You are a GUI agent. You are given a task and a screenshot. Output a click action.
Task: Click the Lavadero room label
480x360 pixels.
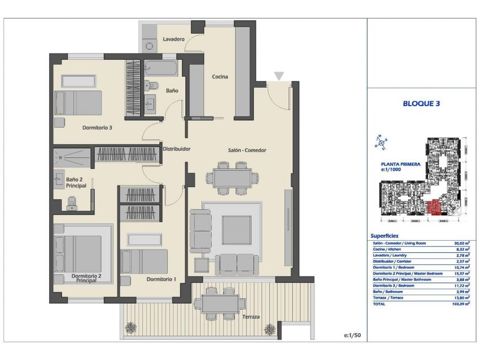tap(173, 39)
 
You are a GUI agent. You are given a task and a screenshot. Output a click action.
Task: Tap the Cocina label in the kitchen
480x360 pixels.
tap(220, 77)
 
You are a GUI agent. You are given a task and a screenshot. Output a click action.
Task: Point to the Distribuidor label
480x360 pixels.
tap(176, 149)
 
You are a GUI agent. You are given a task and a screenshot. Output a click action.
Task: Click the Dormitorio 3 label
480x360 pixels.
tap(97, 128)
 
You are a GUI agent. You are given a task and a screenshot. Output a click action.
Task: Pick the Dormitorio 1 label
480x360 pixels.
tap(161, 279)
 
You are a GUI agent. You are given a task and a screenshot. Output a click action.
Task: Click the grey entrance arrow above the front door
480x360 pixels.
tap(279, 76)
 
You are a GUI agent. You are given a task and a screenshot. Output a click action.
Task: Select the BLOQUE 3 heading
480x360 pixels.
tap(422, 103)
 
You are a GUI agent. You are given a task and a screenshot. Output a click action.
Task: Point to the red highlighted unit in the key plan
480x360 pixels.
tap(434, 208)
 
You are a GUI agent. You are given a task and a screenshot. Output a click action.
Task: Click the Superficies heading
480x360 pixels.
tap(388, 236)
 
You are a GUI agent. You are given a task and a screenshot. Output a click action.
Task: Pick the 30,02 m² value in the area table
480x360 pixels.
tap(459, 243)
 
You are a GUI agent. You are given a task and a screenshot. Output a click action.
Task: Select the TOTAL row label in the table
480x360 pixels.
tap(379, 304)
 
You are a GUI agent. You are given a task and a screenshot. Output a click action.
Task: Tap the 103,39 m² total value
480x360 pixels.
tap(458, 304)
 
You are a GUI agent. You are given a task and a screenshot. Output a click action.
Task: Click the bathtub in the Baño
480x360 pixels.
tap(161, 69)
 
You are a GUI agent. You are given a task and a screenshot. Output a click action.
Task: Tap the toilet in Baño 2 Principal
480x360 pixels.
tap(71, 205)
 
